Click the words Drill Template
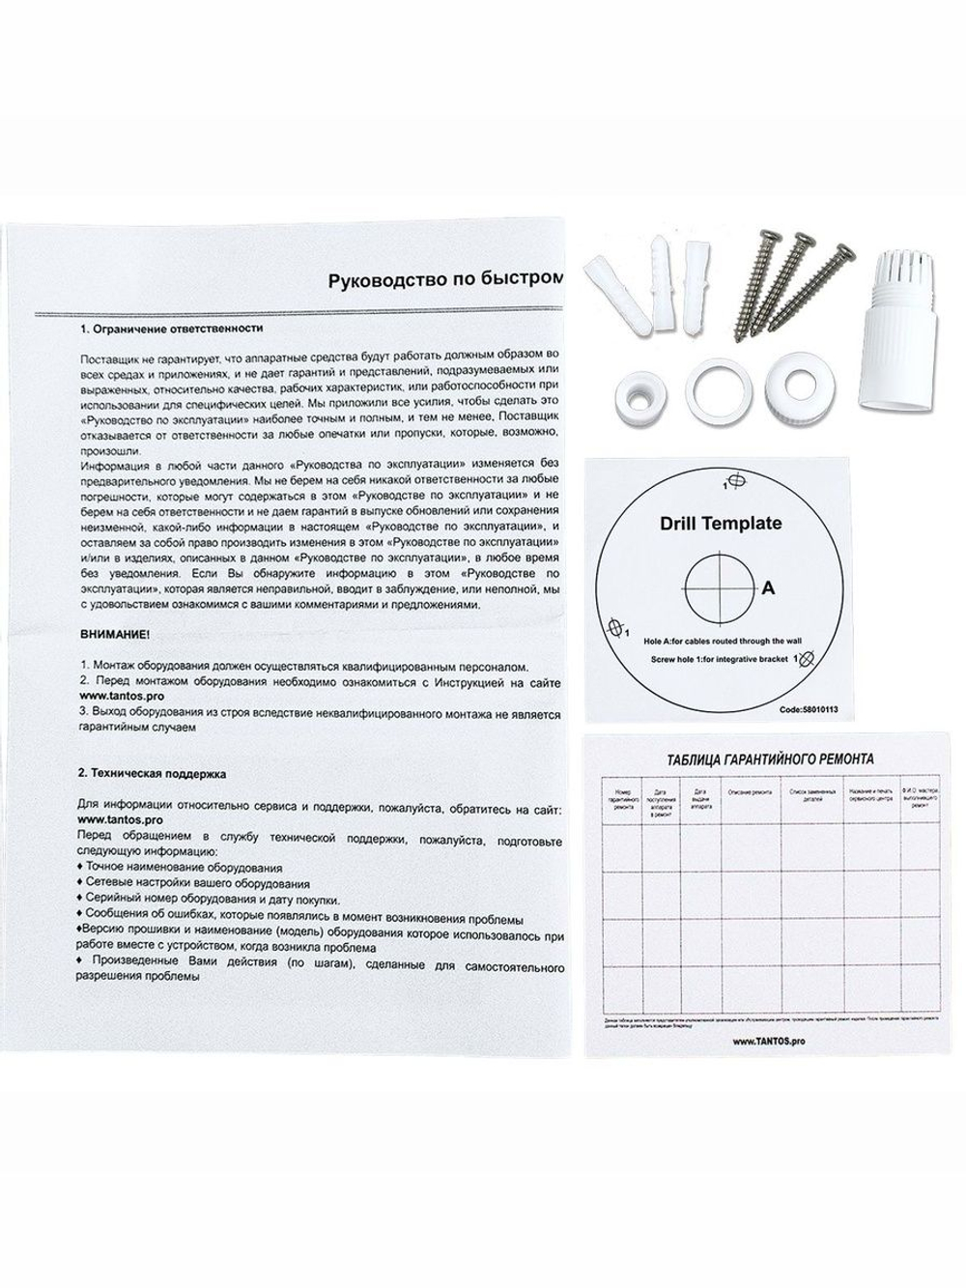coord(721,524)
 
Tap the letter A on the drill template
coord(769,587)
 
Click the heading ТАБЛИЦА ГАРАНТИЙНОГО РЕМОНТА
coord(770,759)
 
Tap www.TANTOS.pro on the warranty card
coord(769,1040)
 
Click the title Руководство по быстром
coord(444,280)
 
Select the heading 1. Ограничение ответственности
coord(173,329)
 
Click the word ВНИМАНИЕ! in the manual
coord(114,637)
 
